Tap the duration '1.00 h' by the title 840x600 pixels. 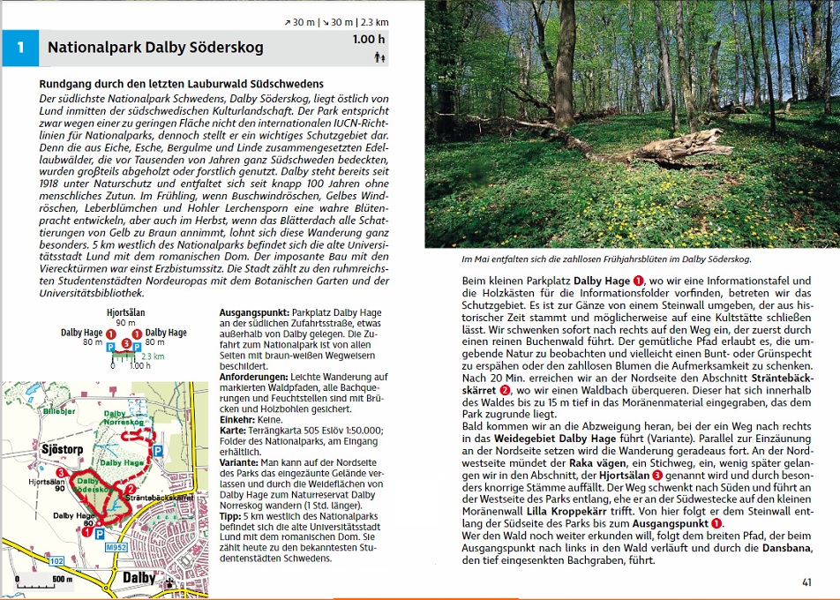pos(369,40)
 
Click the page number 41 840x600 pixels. pos(806,581)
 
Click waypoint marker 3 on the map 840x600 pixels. pos(59,474)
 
